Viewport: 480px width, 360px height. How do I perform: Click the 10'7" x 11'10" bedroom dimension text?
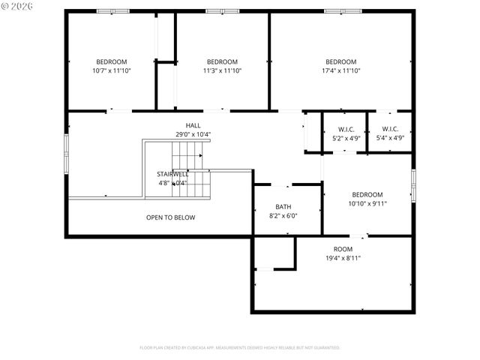111,70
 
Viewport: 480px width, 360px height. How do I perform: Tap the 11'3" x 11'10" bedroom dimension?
222,70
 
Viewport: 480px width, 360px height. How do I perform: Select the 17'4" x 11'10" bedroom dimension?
340,70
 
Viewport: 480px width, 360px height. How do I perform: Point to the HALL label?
193,125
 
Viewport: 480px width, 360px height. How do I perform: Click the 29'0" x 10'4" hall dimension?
193,134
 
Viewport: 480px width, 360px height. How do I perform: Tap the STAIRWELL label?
172,174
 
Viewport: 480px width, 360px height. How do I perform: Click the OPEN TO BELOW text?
170,217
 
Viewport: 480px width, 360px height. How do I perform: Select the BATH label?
283,207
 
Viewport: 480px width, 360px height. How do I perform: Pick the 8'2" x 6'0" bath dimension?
283,216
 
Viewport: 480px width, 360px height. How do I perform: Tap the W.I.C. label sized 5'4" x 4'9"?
390,129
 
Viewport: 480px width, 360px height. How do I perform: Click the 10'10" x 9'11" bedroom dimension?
367,203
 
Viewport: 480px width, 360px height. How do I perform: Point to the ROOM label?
343,249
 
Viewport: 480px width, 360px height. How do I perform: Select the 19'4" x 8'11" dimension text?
343,258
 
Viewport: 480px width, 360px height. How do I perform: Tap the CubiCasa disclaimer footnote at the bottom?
240,347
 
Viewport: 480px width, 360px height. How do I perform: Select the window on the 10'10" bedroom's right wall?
413,185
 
